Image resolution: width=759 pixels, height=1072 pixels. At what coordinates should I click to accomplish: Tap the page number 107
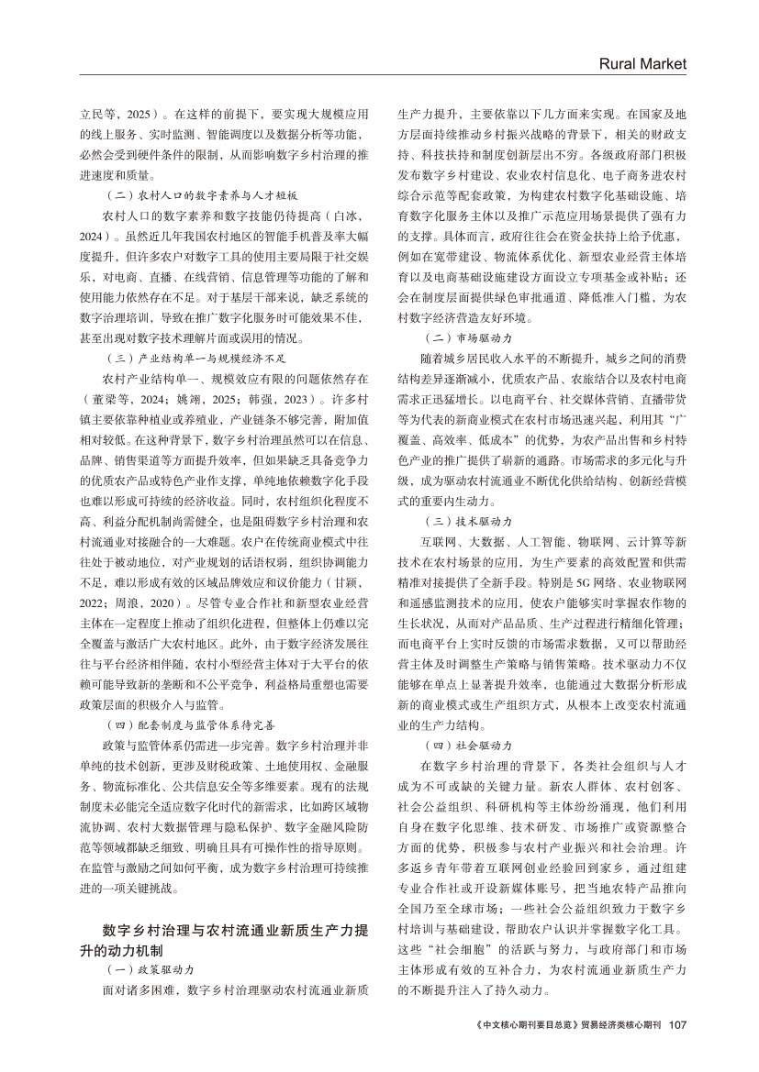coord(678,1025)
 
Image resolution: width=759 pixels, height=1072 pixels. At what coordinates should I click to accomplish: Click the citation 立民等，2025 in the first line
coord(117,116)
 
